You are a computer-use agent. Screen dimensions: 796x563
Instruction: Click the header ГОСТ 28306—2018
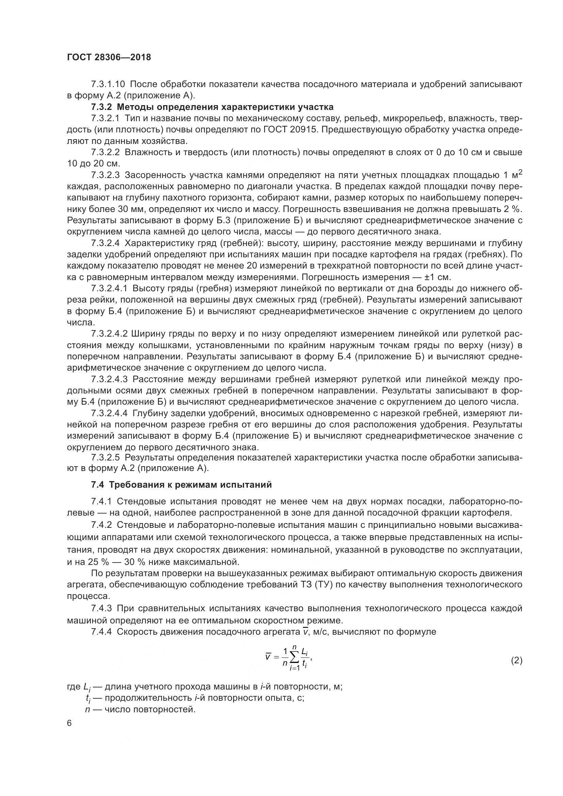pos(109,57)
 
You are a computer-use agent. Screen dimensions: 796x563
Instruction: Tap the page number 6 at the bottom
pos(70,724)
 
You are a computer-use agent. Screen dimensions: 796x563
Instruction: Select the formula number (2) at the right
pos(517,661)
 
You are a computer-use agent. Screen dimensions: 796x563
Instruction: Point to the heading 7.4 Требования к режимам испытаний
pos(181,485)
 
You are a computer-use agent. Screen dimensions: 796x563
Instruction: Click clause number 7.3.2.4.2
pos(110,334)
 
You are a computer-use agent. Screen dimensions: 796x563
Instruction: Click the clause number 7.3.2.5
pos(106,458)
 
